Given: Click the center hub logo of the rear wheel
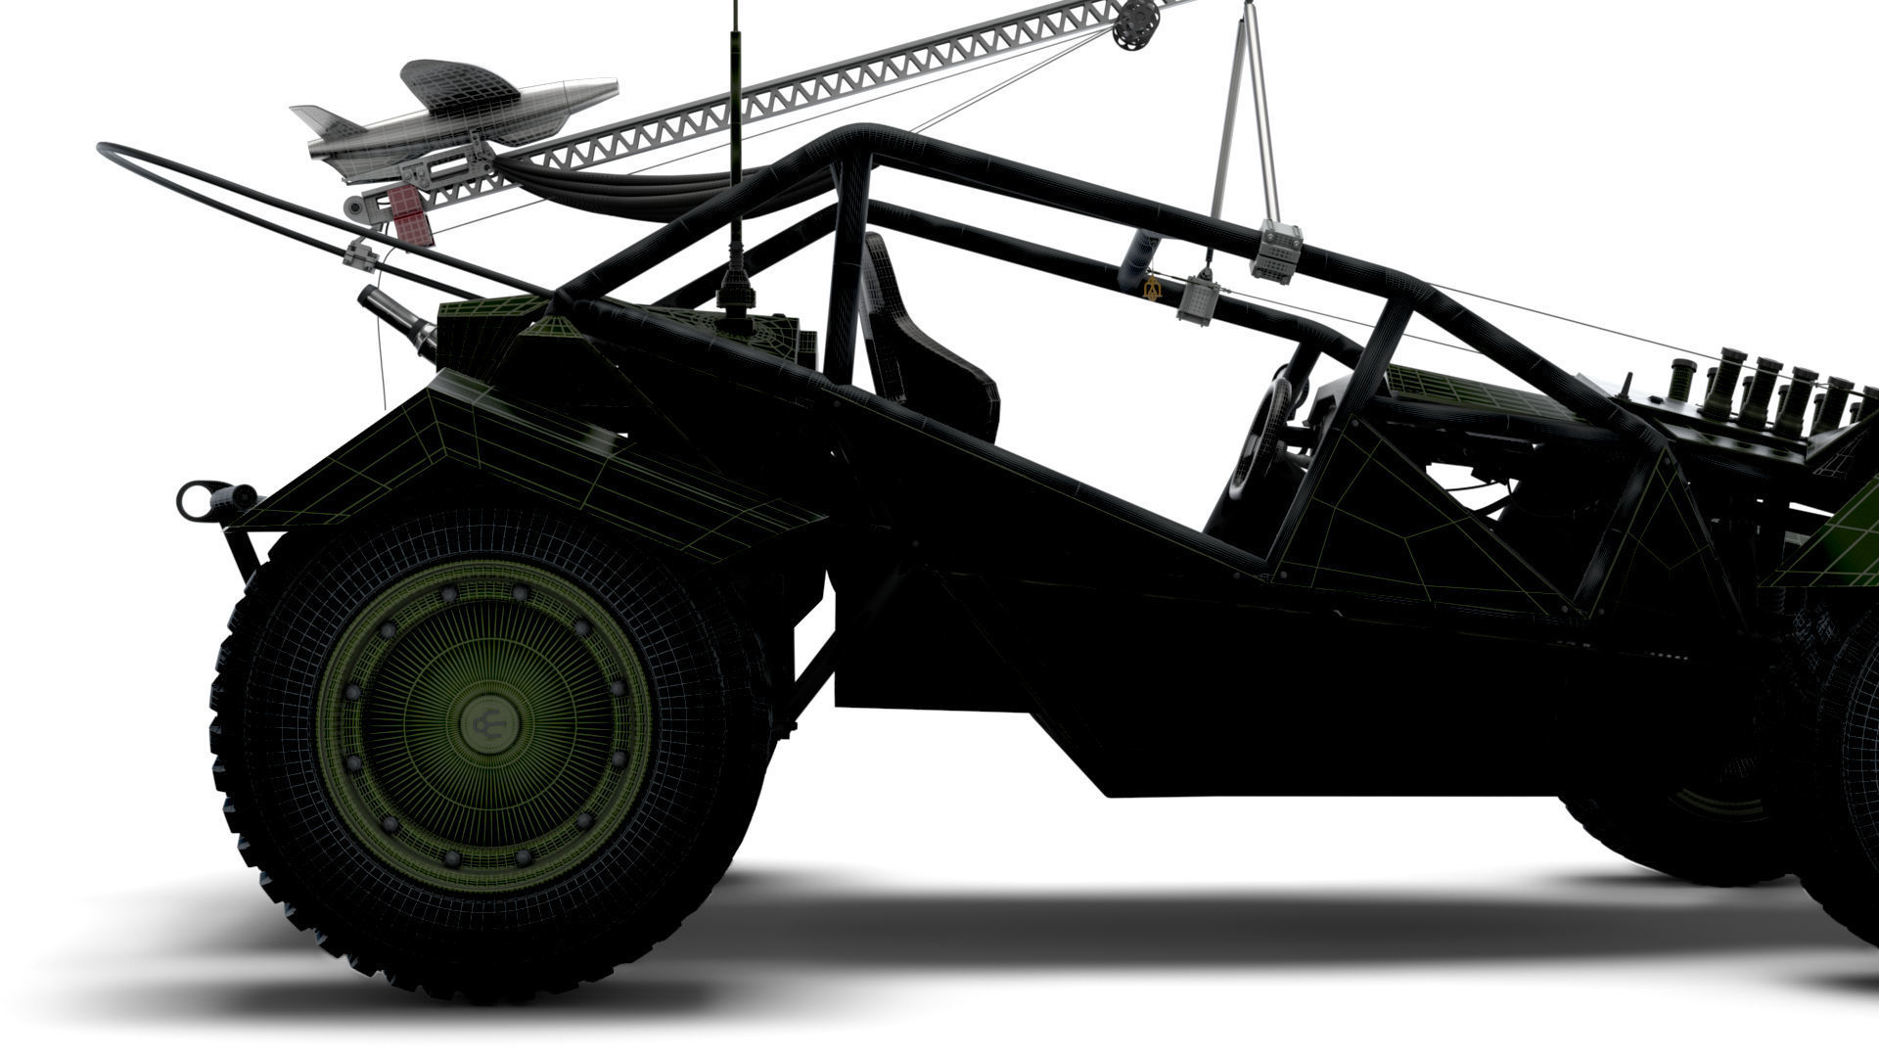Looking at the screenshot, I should click(490, 724).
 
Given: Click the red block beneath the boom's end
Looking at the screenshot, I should click(411, 214).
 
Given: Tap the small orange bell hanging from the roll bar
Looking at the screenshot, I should click(1151, 287).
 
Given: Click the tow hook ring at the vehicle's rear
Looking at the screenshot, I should click(193, 500).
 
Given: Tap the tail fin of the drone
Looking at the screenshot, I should click(323, 122).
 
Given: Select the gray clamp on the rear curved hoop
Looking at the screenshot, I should click(361, 255).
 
